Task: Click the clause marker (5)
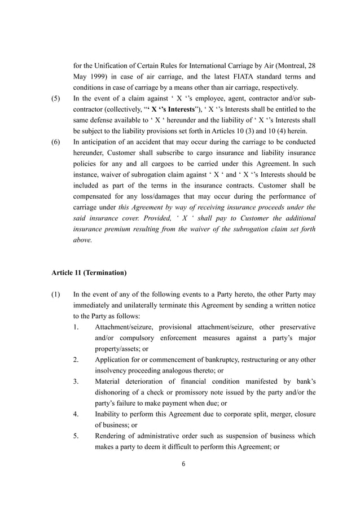coord(56,98)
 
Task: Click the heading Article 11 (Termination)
coord(89,273)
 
